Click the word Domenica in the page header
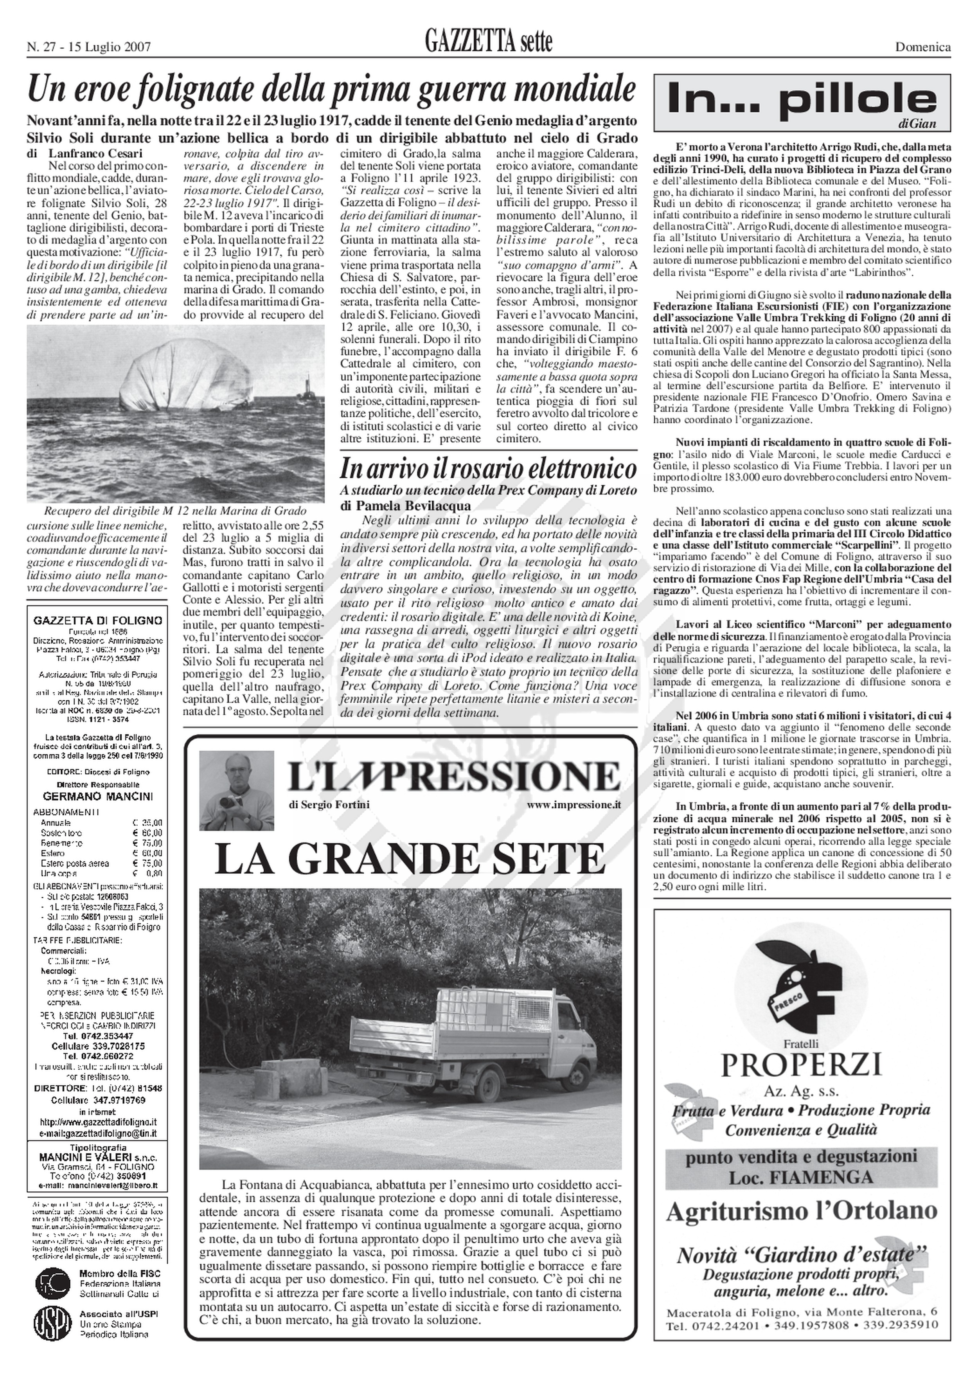(x=922, y=47)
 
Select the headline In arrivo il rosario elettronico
(x=488, y=468)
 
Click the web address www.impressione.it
(x=574, y=805)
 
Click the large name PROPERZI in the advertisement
(x=801, y=1065)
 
